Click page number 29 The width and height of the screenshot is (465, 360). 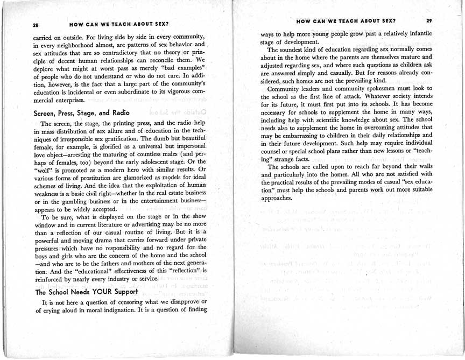428,21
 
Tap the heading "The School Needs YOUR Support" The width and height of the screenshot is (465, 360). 86,292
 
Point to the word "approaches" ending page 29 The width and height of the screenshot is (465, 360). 276,199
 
